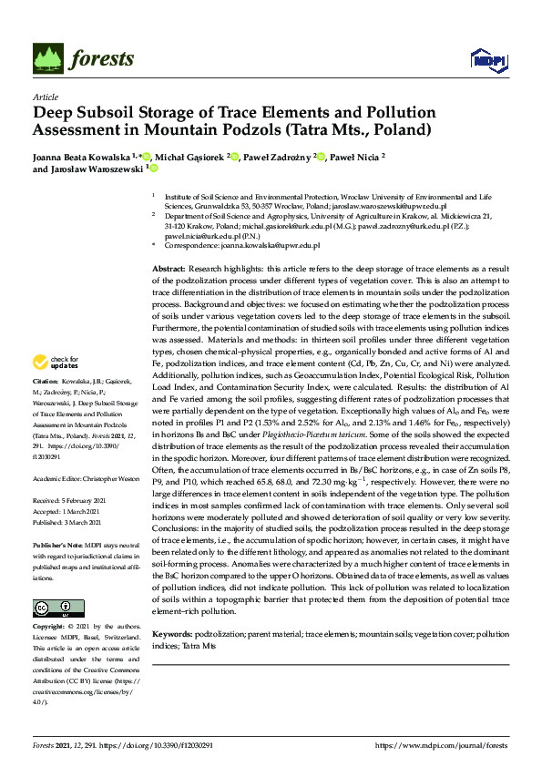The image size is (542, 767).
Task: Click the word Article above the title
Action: [45, 97]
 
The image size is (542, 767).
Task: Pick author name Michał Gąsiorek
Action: [191, 157]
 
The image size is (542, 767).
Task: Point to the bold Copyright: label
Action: [49, 627]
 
